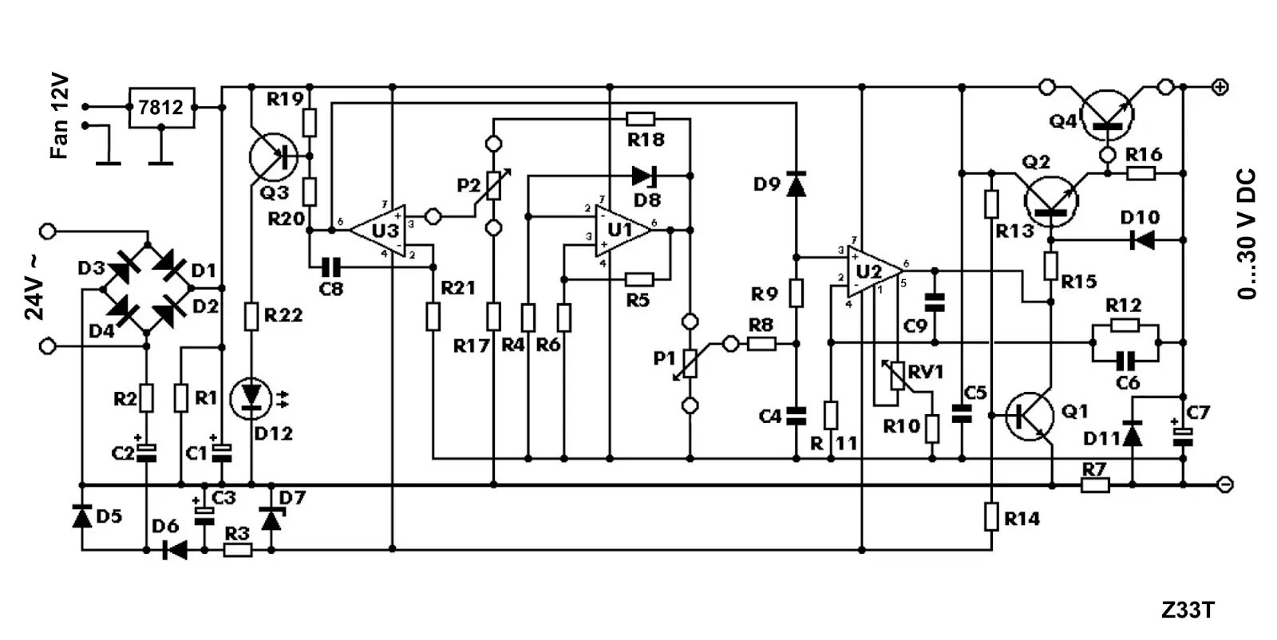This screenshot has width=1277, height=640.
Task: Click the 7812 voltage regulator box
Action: pos(161,107)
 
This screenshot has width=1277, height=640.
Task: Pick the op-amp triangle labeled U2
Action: pos(870,271)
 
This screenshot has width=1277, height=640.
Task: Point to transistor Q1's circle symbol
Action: pos(1030,416)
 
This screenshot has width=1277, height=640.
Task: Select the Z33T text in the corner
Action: pos(1188,610)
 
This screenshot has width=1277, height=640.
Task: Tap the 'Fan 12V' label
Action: pos(60,117)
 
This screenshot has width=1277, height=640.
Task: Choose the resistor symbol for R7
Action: pos(1095,484)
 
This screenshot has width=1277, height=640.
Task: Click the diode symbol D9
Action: pos(796,184)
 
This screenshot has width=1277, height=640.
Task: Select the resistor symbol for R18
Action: pos(641,120)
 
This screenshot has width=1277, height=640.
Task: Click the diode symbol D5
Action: pos(81,516)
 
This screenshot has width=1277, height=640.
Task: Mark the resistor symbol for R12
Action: pos(1125,325)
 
